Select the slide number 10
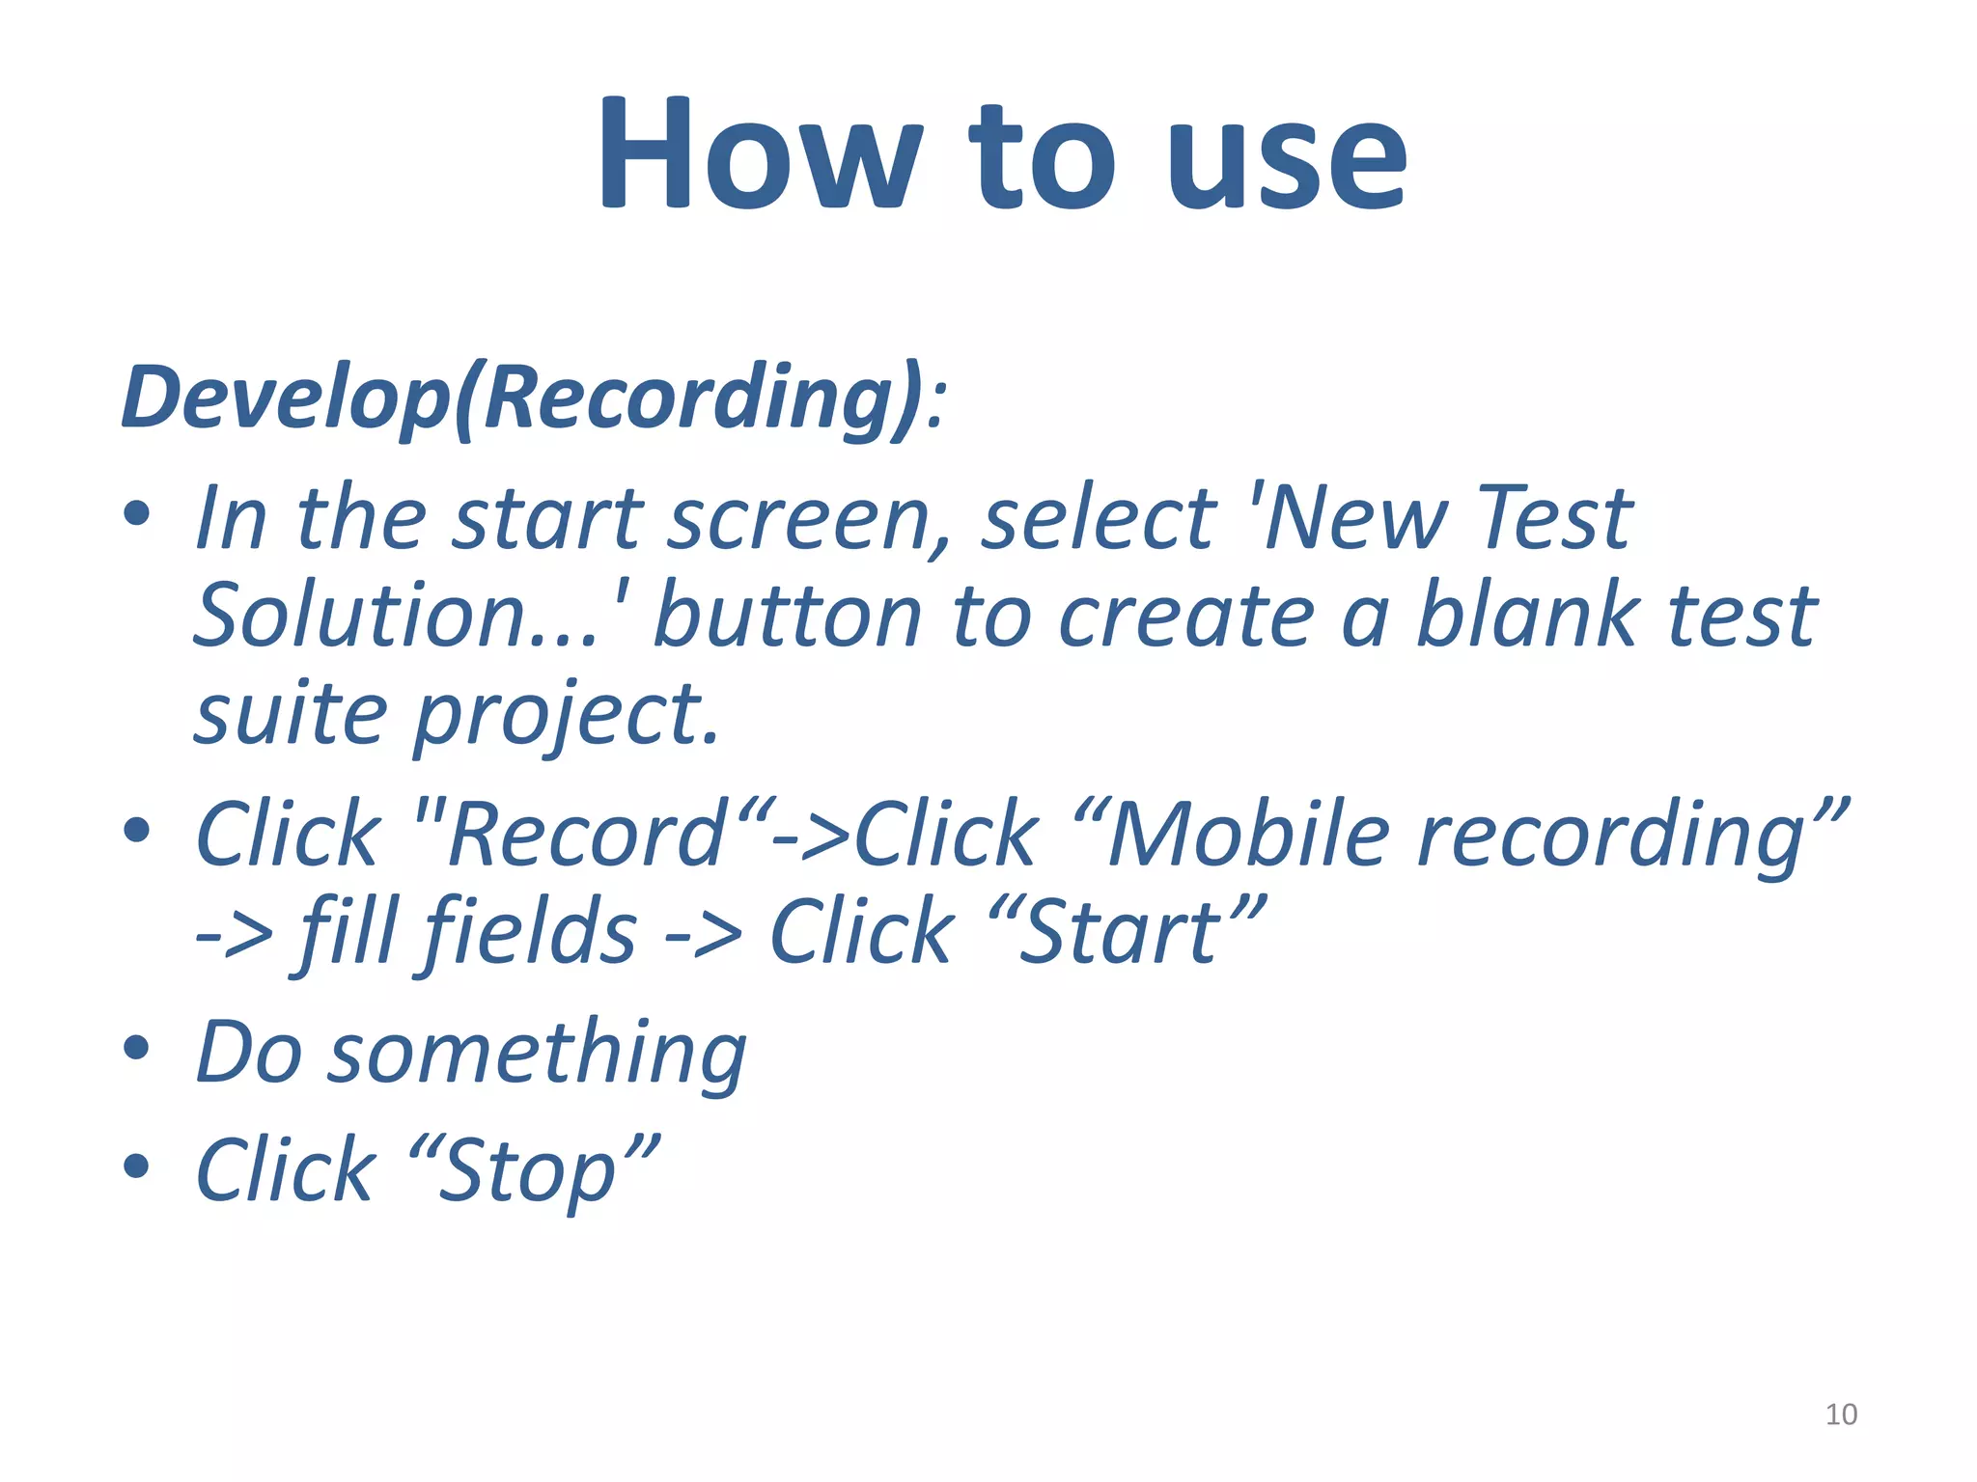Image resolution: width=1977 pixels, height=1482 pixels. pos(1841,1414)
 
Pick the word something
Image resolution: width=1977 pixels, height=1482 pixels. pos(537,1054)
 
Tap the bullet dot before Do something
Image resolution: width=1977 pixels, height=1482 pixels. pos(137,1048)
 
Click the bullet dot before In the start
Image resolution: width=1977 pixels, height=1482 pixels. pos(137,513)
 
